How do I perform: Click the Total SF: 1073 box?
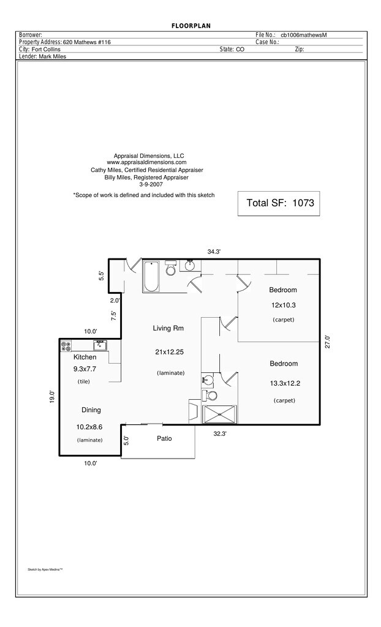279,203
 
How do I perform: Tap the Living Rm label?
168,329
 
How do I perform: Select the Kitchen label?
85,357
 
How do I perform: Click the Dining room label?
91,410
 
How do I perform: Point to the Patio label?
164,438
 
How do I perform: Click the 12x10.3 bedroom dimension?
283,305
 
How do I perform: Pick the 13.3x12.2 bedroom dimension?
285,383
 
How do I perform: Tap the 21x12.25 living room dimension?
170,351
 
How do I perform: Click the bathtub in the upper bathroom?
151,276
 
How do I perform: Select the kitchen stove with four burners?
66,345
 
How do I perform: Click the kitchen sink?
99,345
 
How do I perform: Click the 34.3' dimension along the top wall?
213,252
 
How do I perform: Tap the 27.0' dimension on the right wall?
328,342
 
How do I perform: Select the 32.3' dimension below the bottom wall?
220,434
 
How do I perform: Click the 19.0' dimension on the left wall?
52,397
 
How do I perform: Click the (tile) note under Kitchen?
83,381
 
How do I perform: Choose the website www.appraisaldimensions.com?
146,162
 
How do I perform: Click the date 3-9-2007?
149,184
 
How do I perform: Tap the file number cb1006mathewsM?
303,36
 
